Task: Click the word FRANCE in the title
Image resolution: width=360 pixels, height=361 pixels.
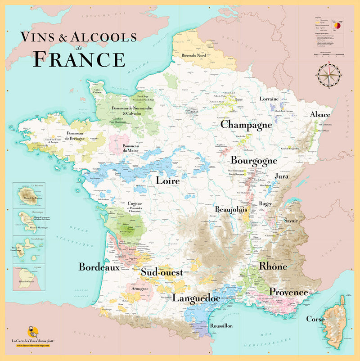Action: [80, 59]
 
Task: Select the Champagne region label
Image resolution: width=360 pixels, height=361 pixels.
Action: [246, 125]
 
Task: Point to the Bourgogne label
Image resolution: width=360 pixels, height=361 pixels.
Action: [254, 161]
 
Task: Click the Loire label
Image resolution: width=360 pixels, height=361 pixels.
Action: [168, 181]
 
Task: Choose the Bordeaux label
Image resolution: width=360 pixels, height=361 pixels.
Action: [99, 267]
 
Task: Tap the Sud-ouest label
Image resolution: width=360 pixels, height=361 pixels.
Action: [162, 273]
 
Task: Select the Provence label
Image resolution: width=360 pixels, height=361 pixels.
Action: [288, 292]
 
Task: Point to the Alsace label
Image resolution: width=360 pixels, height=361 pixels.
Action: [320, 115]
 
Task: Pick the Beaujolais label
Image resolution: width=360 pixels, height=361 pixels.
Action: [232, 210]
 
